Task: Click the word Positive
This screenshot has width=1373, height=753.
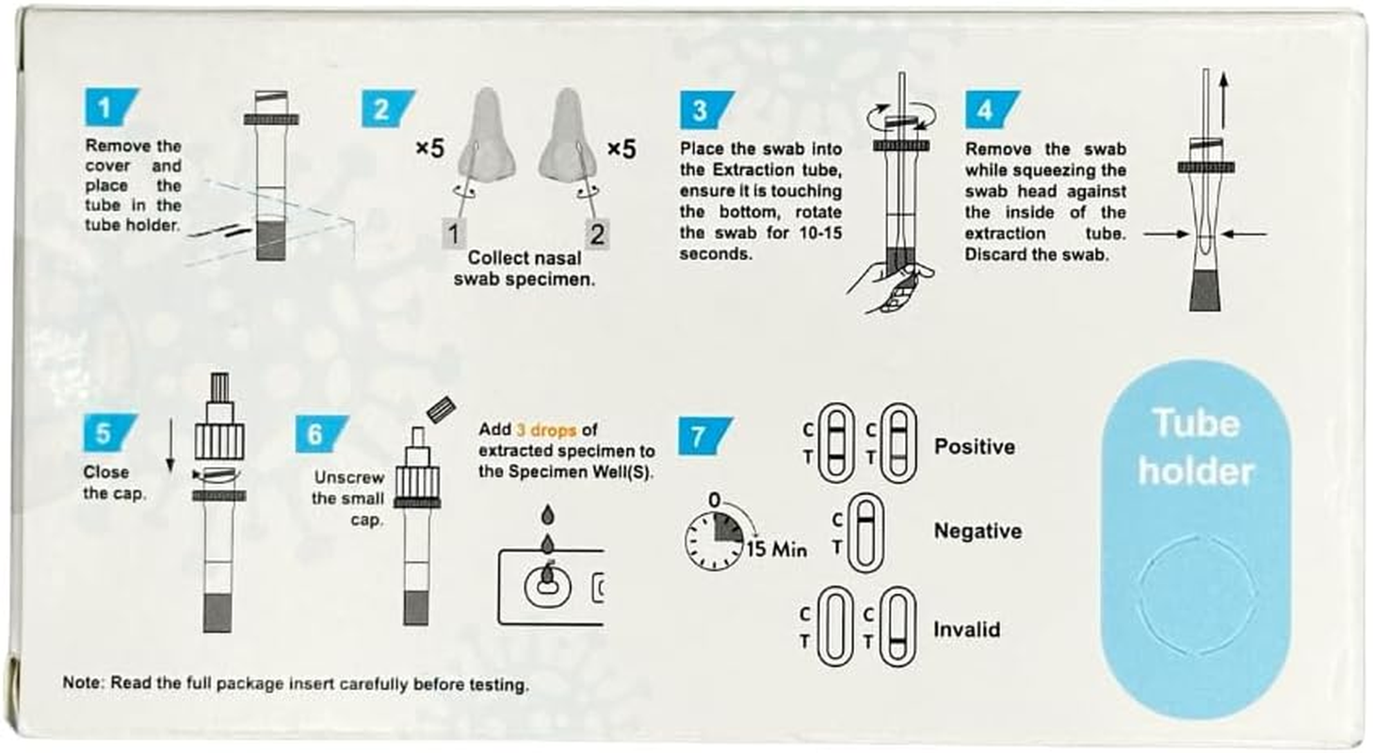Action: [974, 446]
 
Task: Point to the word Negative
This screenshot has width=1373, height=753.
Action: [977, 531]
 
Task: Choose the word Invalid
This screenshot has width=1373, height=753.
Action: [966, 629]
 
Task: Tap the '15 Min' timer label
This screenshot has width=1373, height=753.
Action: [777, 550]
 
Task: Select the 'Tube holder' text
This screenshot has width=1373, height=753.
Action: [1195, 447]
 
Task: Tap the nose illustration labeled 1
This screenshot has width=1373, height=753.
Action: [488, 136]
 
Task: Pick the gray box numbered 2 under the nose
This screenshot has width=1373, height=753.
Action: [597, 232]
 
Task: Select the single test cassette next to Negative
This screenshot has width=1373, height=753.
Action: [861, 533]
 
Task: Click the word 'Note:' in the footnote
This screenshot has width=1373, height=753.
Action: [83, 682]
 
